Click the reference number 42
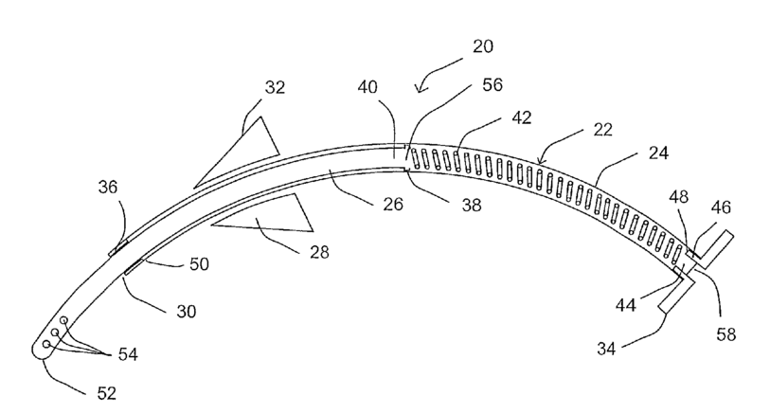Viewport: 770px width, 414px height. pos(522,119)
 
